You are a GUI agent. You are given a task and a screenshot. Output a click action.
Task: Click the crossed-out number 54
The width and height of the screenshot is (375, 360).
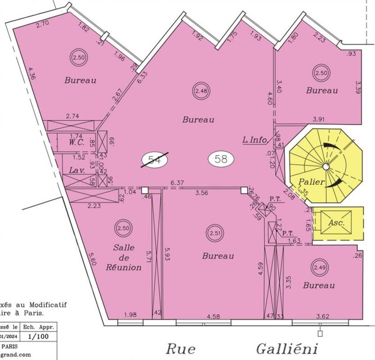click(x=154, y=160)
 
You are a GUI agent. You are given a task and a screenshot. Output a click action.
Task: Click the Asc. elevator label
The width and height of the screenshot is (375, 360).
click(x=337, y=223)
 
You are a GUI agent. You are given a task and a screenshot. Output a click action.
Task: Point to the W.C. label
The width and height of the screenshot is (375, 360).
click(x=76, y=141)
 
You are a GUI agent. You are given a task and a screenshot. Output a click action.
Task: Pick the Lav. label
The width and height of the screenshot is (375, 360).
click(x=76, y=171)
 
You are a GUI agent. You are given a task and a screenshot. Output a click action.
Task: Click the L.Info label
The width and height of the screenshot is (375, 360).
click(x=255, y=139)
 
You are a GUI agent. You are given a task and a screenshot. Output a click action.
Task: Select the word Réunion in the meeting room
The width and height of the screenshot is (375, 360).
click(x=124, y=268)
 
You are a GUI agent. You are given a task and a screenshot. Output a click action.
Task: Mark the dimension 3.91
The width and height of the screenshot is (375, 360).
click(x=318, y=119)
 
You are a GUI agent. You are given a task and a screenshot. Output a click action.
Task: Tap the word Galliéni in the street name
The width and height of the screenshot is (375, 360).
click(x=287, y=349)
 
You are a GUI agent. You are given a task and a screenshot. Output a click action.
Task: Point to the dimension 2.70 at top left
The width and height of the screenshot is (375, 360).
click(x=43, y=22)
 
